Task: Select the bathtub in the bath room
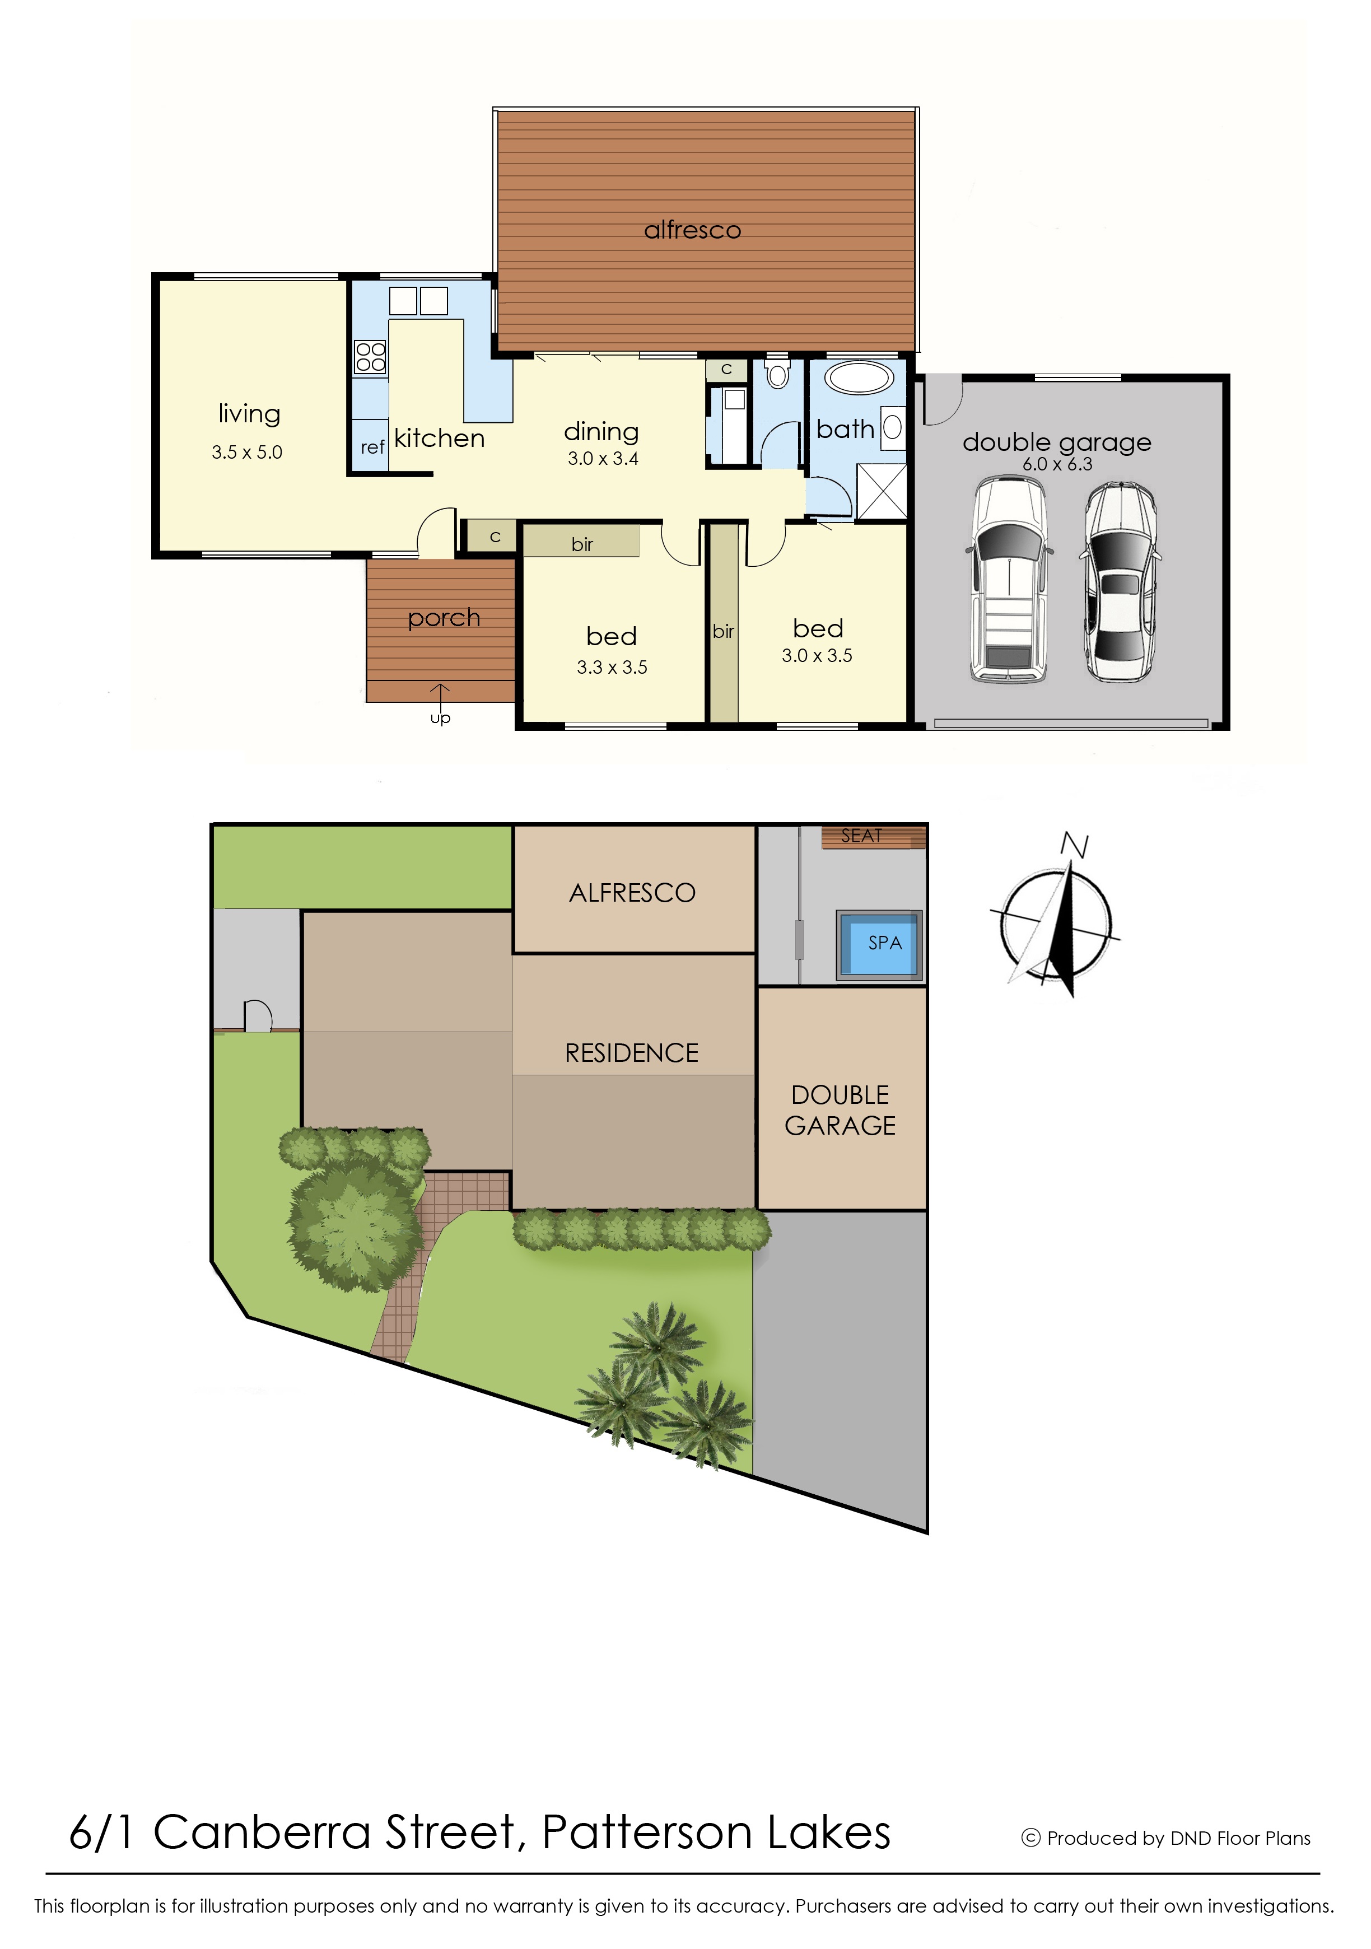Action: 859,377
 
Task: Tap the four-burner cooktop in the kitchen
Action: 370,357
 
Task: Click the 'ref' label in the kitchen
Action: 372,447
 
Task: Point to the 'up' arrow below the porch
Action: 440,693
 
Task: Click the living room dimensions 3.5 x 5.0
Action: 247,453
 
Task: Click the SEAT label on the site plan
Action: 862,836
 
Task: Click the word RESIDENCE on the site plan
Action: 632,1053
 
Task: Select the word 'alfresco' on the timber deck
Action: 693,230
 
